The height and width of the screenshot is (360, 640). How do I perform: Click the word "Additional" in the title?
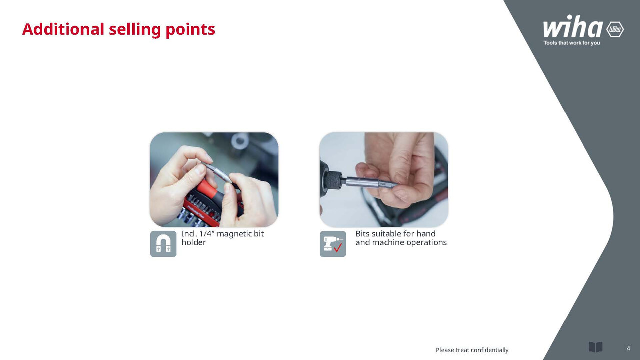(63, 29)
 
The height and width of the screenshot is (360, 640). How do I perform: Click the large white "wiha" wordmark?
(573, 26)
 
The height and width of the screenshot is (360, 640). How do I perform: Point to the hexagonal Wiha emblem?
(615, 29)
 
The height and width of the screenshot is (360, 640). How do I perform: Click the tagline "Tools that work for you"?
(571, 43)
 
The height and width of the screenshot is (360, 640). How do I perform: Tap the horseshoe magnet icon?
(163, 244)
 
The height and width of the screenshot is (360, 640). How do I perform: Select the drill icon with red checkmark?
(333, 244)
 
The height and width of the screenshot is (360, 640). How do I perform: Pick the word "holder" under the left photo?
(193, 242)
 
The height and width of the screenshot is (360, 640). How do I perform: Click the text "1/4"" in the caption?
(207, 233)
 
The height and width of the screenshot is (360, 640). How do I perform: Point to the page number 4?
(628, 348)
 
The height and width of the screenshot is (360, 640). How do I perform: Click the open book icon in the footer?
(595, 347)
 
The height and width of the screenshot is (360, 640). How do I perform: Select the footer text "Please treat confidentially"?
(472, 350)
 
